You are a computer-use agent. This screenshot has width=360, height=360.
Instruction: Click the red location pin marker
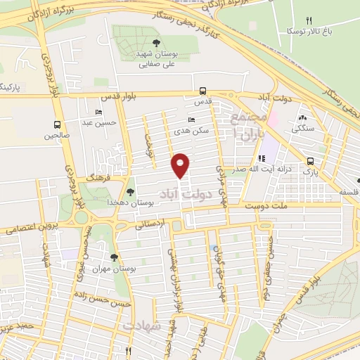click(x=181, y=165)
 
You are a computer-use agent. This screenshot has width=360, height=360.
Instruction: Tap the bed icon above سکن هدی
click(x=191, y=120)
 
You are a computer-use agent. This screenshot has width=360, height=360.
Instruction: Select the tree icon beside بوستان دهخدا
click(x=130, y=191)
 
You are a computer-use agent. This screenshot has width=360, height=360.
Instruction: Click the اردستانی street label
click(x=148, y=224)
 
